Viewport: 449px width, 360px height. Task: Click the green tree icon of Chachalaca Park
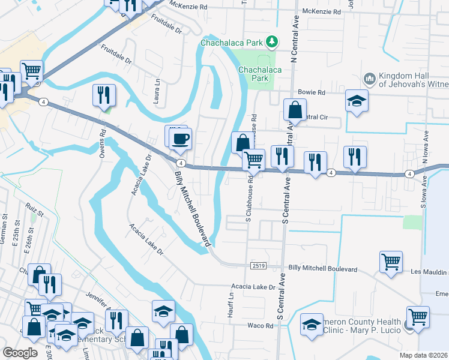coord(273,41)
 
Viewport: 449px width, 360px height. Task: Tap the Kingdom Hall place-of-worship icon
coord(370,79)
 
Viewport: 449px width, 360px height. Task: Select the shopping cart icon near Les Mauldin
coord(391,261)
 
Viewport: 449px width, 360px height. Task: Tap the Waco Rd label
coord(261,326)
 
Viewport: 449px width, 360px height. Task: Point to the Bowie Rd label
coord(312,93)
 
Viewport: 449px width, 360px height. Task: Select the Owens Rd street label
coord(103,143)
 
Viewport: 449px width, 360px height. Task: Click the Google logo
coord(20,353)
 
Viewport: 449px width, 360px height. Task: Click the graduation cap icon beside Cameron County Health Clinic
coord(312,325)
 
